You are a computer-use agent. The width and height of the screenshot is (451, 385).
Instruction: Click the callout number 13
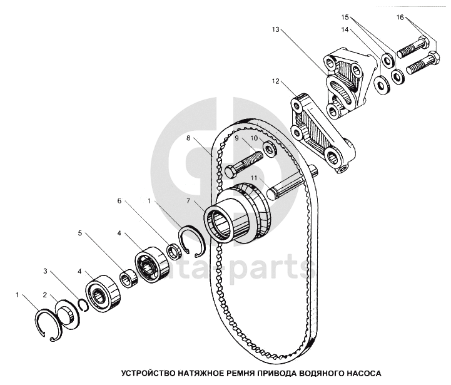(275, 29)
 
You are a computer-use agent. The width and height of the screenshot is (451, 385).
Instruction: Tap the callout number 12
(275, 81)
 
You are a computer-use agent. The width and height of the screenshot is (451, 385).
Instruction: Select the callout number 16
(400, 18)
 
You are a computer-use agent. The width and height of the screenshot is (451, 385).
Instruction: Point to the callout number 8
(188, 138)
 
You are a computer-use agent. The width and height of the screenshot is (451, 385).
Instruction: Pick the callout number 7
(188, 201)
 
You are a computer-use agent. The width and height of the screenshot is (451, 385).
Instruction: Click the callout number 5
(80, 233)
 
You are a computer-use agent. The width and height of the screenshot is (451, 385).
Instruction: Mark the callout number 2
(45, 295)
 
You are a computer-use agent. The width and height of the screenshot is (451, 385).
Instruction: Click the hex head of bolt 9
(231, 172)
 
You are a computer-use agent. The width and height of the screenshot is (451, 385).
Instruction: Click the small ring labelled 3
(83, 305)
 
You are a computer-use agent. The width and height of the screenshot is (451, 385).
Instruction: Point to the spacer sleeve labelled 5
(129, 278)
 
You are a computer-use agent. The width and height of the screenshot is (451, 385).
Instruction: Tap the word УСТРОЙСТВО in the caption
(146, 374)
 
